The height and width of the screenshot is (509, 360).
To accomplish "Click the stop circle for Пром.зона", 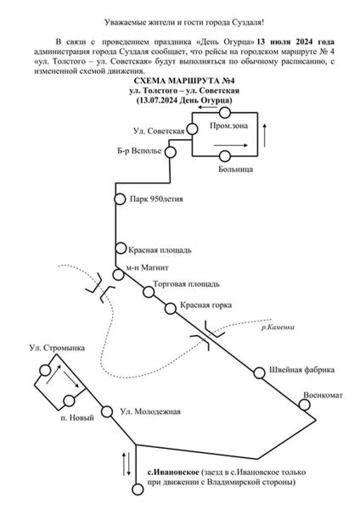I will pyautogui.click(x=225, y=113).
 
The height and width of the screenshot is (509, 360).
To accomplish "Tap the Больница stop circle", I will pyautogui.click(x=225, y=157).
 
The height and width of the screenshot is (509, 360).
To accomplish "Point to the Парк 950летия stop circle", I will pyautogui.click(x=120, y=199).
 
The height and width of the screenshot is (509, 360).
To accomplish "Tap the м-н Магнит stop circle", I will pyautogui.click(x=118, y=274).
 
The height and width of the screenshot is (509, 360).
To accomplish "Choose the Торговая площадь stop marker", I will pyautogui.click(x=149, y=292).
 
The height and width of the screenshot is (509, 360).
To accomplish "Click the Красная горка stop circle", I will pyautogui.click(x=171, y=308).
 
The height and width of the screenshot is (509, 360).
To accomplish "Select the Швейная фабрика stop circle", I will pyautogui.click(x=259, y=373).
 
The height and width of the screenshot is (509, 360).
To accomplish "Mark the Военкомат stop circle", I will pyautogui.click(x=304, y=405).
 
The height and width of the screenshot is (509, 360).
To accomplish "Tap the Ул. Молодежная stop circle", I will pyautogui.click(x=107, y=411).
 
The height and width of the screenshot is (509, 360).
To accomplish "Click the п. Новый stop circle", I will pyautogui.click(x=69, y=400).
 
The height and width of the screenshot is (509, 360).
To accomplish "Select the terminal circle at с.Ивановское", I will pyautogui.click(x=137, y=489).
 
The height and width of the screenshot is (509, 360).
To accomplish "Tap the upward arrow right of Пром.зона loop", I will pyautogui.click(x=266, y=135).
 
